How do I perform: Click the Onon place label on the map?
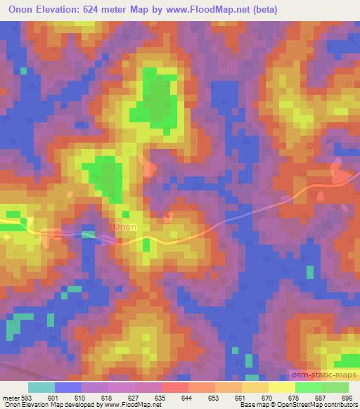coord(124,227)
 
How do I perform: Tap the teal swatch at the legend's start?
coord(41,387)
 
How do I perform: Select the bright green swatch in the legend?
coord(308,387)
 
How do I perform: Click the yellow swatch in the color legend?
coord(281,387)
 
